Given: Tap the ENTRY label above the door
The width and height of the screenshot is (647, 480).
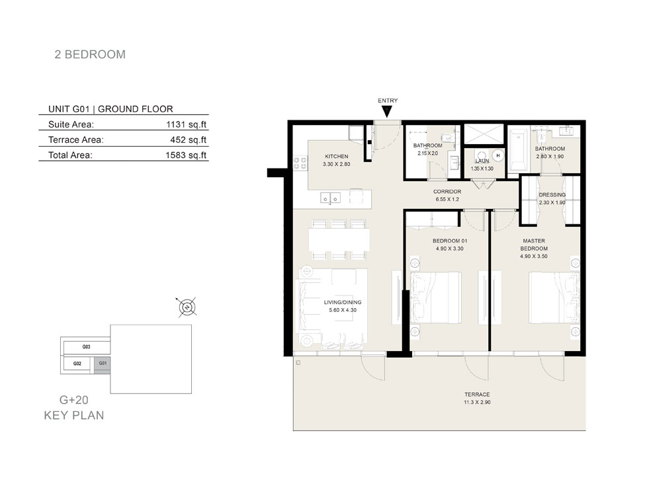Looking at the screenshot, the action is click(388, 100).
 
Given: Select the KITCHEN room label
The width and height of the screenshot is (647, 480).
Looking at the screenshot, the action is click(337, 156).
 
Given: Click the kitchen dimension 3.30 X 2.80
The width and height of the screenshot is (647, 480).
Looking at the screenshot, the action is click(336, 164).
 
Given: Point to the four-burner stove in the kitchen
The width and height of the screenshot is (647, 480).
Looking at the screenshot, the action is click(300, 163).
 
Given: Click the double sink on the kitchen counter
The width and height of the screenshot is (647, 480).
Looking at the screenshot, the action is click(331, 198).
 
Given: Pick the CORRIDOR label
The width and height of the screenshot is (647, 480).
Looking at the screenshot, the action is click(447, 192).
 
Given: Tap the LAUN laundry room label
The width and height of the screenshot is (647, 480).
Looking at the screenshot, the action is click(482, 161).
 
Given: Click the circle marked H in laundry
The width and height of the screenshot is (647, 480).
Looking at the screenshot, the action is click(498, 155).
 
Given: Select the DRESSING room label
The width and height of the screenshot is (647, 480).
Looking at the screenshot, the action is click(552, 194).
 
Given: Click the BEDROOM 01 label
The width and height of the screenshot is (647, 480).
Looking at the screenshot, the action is click(450, 241).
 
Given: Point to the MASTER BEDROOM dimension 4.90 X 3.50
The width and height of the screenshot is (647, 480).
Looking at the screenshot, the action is click(534, 257).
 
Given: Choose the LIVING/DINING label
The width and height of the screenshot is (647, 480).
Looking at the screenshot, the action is click(343, 302).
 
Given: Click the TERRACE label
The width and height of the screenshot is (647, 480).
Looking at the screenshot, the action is click(477, 395).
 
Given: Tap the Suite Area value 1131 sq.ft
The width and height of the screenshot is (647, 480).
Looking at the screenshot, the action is click(186, 124).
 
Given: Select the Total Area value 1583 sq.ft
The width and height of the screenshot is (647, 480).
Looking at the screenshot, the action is click(186, 155).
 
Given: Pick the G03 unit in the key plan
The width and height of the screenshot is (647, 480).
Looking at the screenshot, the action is click(86, 347).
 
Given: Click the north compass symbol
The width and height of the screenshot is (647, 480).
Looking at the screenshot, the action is click(187, 307).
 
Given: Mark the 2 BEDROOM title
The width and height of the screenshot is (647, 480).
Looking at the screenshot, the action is click(90, 54).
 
